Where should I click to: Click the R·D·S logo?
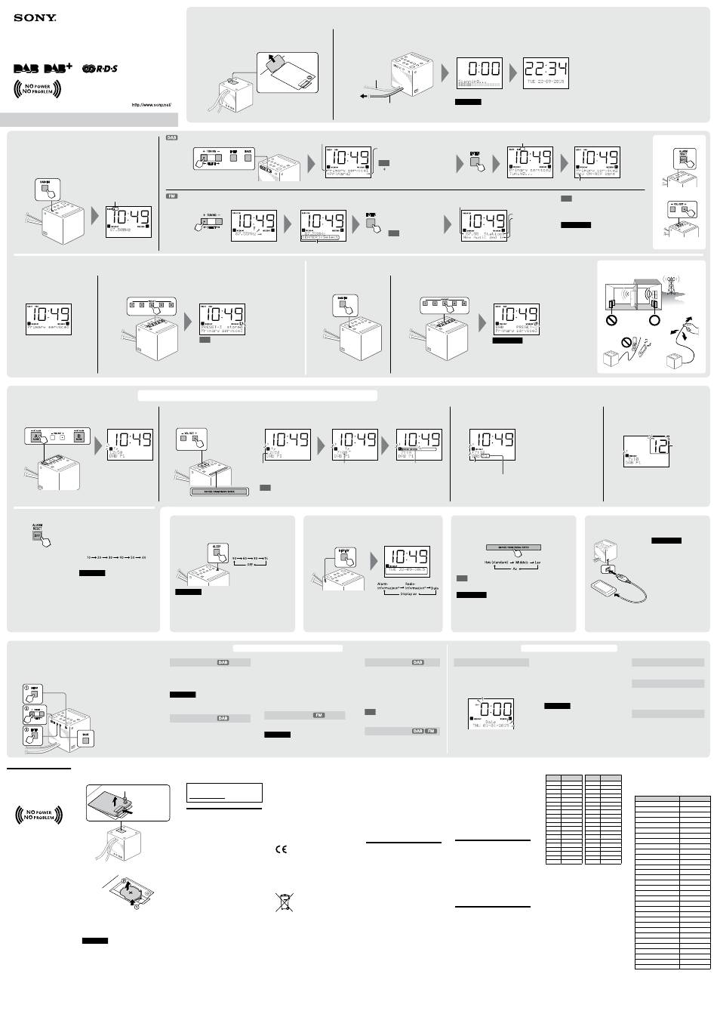(100, 69)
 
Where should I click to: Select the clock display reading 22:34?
(546, 73)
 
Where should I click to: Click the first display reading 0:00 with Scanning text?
(479, 73)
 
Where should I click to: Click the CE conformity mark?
(280, 849)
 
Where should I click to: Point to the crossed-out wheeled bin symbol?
(284, 902)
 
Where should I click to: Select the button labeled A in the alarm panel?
(35, 436)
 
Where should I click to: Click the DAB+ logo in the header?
(59, 69)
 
